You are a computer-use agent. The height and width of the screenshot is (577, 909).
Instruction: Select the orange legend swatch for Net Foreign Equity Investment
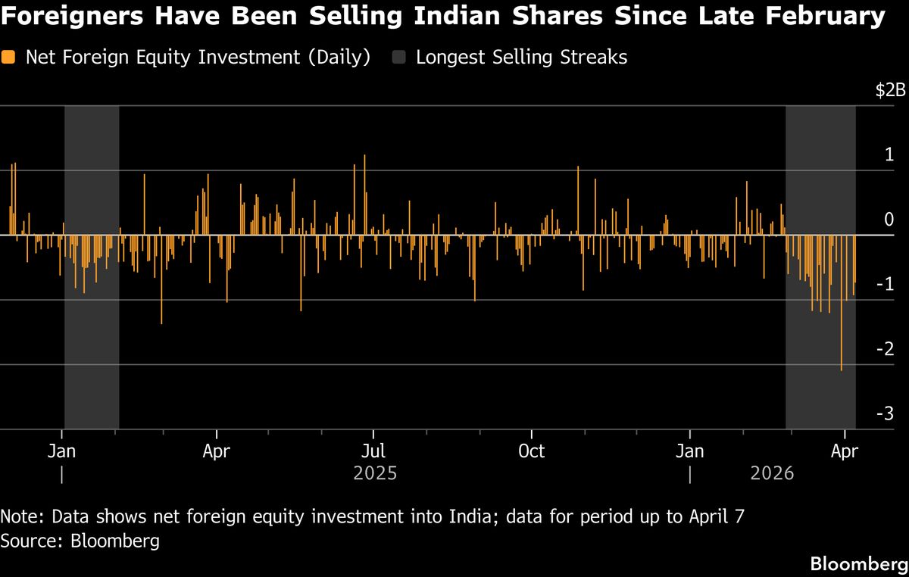tap(9, 58)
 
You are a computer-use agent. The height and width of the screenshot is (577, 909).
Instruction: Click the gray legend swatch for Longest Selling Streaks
tap(399, 58)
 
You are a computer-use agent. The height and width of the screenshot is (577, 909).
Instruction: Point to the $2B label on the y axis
tap(890, 91)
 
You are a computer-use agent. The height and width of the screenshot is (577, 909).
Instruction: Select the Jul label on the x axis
tap(373, 452)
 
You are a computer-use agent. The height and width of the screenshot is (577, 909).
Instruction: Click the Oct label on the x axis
tap(531, 452)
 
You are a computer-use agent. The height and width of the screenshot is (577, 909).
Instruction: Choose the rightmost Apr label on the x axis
tap(845, 452)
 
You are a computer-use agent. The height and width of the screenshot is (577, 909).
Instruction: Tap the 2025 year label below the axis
tap(375, 474)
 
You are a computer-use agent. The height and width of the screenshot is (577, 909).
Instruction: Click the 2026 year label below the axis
tap(772, 474)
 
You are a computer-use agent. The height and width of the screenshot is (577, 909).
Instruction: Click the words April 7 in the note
tap(720, 517)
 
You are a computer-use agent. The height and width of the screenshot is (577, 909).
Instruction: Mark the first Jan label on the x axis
tap(62, 452)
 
